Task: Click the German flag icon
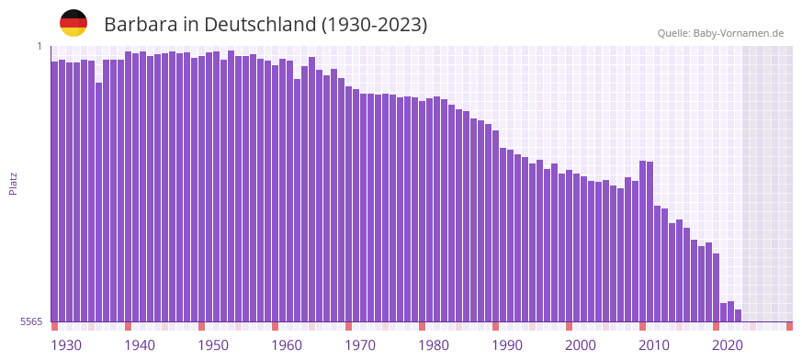click(73, 23)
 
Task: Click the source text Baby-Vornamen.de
click(739, 33)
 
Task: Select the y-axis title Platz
click(13, 183)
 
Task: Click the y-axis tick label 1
click(40, 46)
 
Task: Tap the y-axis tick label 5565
click(30, 321)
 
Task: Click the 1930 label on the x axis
click(66, 344)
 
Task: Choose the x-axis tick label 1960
click(287, 344)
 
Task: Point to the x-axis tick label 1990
click(507, 344)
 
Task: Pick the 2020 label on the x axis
click(728, 344)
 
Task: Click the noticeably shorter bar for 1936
click(99, 202)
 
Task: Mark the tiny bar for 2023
click(738, 316)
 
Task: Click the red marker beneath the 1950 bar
click(202, 326)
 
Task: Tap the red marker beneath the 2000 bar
click(570, 326)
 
